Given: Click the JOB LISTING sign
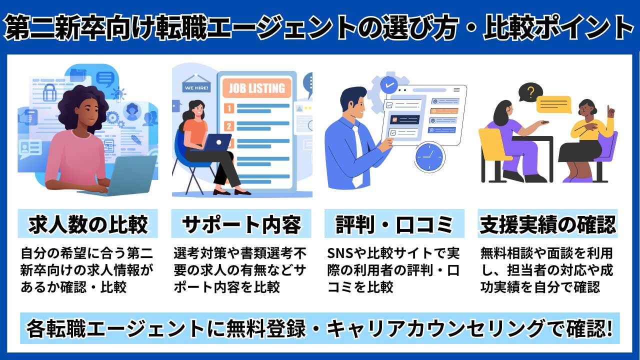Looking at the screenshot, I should pos(256,88).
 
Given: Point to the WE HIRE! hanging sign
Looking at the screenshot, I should pos(196,88).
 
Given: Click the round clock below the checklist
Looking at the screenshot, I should pos(429,156).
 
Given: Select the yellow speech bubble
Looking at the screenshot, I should pos(554,104).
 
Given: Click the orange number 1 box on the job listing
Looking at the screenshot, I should pos(229,107).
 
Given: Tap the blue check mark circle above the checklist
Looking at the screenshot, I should pos(389,84).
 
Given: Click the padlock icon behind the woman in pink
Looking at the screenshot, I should pos(50,92).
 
